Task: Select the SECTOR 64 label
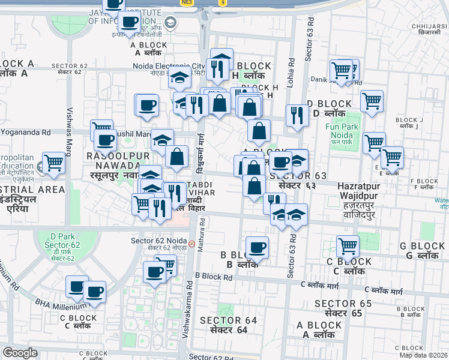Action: [229, 325]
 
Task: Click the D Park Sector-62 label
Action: [62, 248]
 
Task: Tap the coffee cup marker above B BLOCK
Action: [258, 247]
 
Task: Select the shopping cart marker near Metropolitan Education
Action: [54, 162]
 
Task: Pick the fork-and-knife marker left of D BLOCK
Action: [297, 115]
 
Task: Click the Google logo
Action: [20, 353]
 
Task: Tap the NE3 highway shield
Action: [187, 2]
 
